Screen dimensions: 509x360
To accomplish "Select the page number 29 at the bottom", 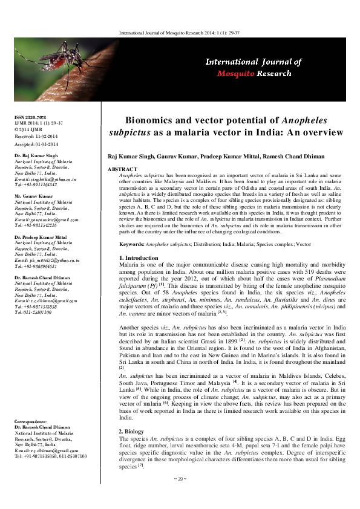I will [x=178, y=496].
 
